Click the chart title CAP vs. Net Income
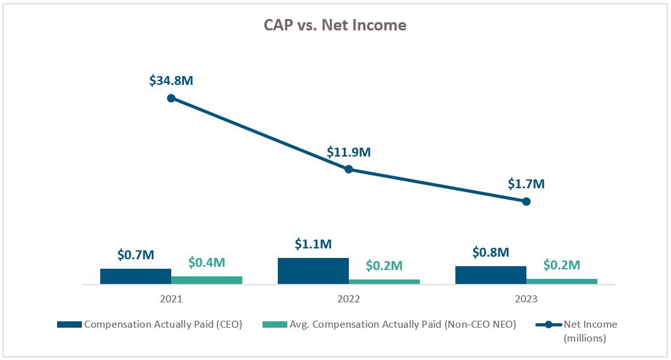335,25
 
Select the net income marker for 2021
171,98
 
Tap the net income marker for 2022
349,169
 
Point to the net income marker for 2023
526,202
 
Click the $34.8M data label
171,80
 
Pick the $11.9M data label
349,152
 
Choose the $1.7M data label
526,184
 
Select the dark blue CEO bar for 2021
136,277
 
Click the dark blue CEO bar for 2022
313,271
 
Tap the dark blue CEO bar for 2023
491,276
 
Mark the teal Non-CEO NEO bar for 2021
207,281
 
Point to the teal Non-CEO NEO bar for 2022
384,282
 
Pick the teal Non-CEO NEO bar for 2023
562,282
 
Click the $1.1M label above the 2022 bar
313,244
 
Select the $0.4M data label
207,262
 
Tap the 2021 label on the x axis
171,299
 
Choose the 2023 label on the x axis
526,299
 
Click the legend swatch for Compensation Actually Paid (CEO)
69,325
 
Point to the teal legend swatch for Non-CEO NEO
274,325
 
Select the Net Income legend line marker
549,325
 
